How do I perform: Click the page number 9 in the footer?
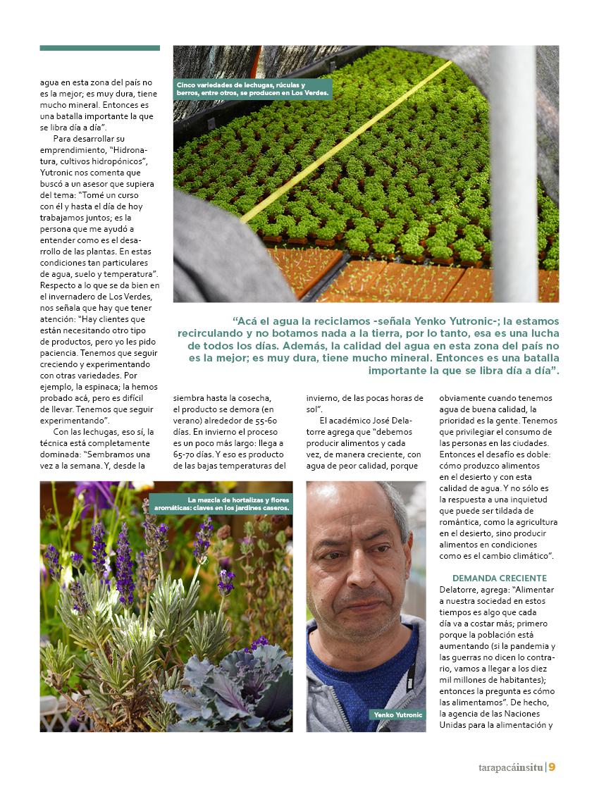pyautogui.click(x=552, y=767)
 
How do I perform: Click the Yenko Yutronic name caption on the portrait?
pyautogui.click(x=398, y=714)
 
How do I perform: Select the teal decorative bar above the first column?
pyautogui.click(x=99, y=48)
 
